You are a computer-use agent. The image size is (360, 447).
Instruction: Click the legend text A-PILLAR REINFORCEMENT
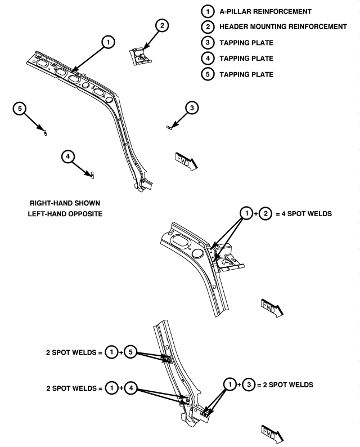pyautogui.click(x=265, y=12)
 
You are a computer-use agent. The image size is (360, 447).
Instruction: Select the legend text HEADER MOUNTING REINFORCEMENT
pyautogui.click(x=283, y=27)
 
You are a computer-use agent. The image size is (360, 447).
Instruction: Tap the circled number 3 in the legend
pyautogui.click(x=208, y=43)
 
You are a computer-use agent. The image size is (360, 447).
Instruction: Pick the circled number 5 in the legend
pyautogui.click(x=208, y=74)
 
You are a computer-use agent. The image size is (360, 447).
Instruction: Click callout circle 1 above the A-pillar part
pyautogui.click(x=108, y=42)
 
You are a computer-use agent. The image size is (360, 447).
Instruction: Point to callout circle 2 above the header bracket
pyautogui.click(x=162, y=25)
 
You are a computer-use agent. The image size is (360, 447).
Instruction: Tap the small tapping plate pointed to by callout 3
pyautogui.click(x=169, y=127)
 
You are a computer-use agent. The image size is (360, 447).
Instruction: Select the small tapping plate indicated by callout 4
pyautogui.click(x=92, y=175)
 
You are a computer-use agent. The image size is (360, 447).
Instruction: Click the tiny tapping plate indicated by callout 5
pyautogui.click(x=46, y=132)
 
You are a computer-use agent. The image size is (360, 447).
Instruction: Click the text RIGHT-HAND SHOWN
pyautogui.click(x=65, y=203)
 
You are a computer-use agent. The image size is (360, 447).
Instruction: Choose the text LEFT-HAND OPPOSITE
pyautogui.click(x=65, y=214)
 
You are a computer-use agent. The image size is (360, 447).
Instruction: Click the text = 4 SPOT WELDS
pyautogui.click(x=304, y=214)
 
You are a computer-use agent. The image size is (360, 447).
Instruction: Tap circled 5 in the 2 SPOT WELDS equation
pyautogui.click(x=130, y=352)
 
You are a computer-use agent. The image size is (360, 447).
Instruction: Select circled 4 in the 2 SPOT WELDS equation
pyautogui.click(x=130, y=388)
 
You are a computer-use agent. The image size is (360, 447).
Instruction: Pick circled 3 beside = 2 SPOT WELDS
pyautogui.click(x=249, y=385)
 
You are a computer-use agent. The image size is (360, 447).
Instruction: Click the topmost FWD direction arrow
pyautogui.click(x=186, y=162)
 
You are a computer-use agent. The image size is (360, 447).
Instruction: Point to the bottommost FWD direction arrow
pyautogui.click(x=272, y=434)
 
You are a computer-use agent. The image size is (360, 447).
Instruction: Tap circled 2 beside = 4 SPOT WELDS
pyautogui.click(x=265, y=213)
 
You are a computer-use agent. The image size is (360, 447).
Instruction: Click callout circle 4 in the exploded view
pyautogui.click(x=68, y=156)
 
